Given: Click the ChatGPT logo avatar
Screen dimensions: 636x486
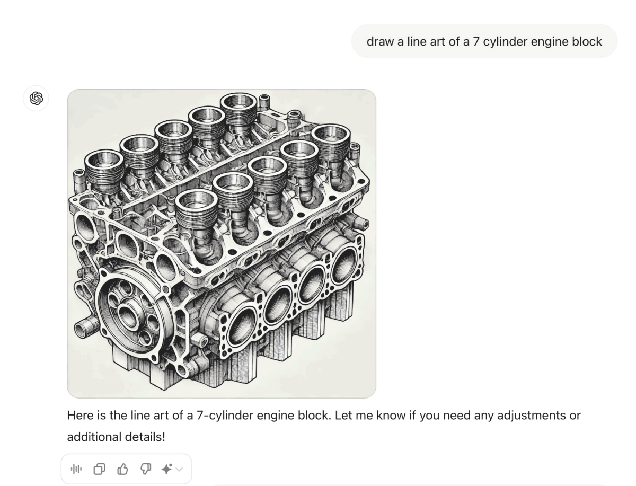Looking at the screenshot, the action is (x=36, y=98).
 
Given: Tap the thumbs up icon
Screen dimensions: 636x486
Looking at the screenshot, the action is (x=122, y=469).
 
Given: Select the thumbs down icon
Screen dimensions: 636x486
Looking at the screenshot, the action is (x=145, y=469).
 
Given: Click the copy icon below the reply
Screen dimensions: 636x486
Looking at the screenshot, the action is (x=100, y=469).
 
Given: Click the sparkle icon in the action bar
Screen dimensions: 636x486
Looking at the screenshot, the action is (x=167, y=469).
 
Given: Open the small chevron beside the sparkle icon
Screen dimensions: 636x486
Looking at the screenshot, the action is (x=179, y=469).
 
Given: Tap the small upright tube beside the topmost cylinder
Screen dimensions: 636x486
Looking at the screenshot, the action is (x=264, y=101).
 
